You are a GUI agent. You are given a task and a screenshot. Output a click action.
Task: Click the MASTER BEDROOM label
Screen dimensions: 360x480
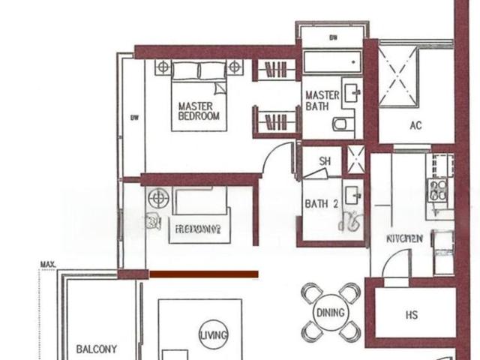pyautogui.click(x=199, y=111)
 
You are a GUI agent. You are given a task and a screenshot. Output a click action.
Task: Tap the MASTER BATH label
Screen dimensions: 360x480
pyautogui.click(x=322, y=101)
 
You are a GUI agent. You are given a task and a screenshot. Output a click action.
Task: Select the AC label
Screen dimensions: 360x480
pyautogui.click(x=415, y=125)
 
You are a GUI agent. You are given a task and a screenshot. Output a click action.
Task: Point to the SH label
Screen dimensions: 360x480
pyautogui.click(x=325, y=161)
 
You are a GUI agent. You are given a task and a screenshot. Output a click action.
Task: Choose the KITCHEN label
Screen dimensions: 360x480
pyautogui.click(x=404, y=238)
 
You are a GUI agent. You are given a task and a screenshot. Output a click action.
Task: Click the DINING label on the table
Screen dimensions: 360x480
pyautogui.click(x=330, y=313)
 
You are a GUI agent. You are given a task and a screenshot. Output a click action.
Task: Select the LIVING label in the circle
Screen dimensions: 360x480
pyautogui.click(x=213, y=335)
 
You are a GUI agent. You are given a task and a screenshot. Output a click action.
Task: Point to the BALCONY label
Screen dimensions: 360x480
pyautogui.click(x=97, y=349)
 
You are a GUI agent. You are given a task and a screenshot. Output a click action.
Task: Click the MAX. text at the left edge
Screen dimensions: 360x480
pyautogui.click(x=50, y=264)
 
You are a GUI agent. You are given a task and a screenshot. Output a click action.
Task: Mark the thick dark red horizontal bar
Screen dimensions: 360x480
pyautogui.click(x=204, y=274)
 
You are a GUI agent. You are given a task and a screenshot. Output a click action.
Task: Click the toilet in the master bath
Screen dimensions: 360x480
pyautogui.click(x=341, y=124)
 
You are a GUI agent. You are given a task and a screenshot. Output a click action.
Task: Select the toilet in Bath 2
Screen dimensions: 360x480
pyautogui.click(x=350, y=220)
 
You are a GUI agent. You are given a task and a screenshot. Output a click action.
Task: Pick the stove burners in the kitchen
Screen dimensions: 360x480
pyautogui.click(x=438, y=190)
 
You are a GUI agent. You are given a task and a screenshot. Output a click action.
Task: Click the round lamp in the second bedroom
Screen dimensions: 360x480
pyautogui.click(x=158, y=199)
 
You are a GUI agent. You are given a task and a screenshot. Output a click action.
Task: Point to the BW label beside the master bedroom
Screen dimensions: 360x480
pyautogui.click(x=134, y=117)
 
